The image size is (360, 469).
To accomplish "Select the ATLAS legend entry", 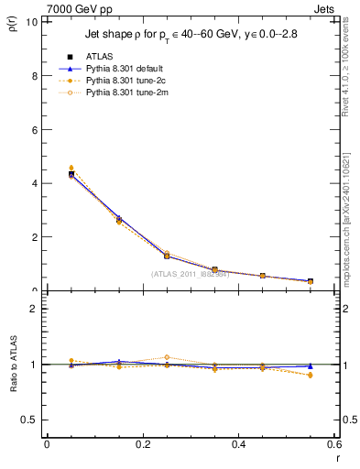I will point(101,55).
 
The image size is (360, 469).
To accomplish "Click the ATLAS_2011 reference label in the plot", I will point(191,273).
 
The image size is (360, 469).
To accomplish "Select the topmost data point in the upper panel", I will point(71,169).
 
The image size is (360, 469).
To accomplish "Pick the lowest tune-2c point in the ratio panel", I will point(310,376).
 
